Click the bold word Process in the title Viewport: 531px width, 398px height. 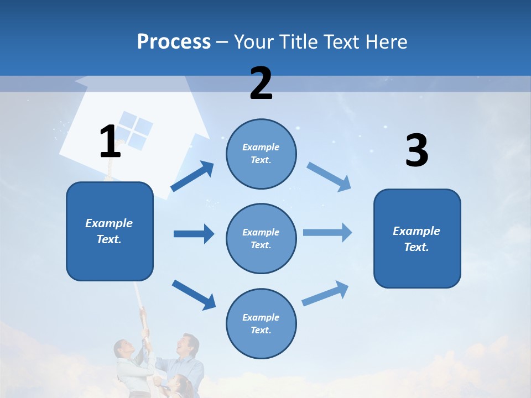[x=174, y=41]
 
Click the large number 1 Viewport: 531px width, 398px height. [x=110, y=142]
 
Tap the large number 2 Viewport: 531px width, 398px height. [x=261, y=83]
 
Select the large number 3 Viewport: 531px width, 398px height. [x=417, y=151]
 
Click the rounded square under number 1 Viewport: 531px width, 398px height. [x=110, y=231]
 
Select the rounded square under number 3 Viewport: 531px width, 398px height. [x=417, y=238]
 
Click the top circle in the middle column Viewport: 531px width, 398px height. [x=261, y=154]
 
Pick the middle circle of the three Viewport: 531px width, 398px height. [x=261, y=238]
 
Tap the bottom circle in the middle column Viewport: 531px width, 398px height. [x=261, y=323]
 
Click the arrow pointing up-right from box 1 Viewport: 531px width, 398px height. [x=192, y=176]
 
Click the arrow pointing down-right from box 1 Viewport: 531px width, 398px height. [x=194, y=294]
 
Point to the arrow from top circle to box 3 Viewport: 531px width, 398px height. [x=329, y=177]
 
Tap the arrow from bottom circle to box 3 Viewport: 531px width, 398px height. [x=325, y=294]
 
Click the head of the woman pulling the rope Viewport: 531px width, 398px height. [x=123, y=349]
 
